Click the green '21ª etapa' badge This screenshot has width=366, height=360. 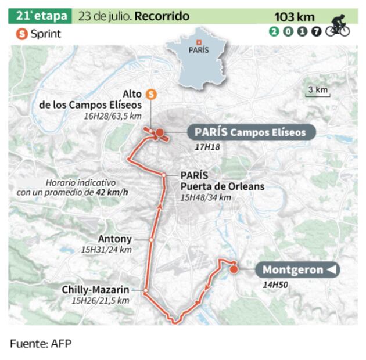pyautogui.click(x=40, y=16)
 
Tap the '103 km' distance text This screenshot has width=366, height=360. pyautogui.click(x=294, y=17)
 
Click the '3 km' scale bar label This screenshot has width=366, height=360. pyautogui.click(x=318, y=89)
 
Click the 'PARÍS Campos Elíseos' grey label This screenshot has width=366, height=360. pyautogui.click(x=250, y=132)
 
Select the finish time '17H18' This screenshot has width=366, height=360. pyautogui.click(x=207, y=147)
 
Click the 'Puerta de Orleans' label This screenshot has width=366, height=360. pyautogui.click(x=222, y=186)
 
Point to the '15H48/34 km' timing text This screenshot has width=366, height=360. pyautogui.click(x=206, y=197)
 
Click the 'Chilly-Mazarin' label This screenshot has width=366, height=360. pyautogui.click(x=96, y=290)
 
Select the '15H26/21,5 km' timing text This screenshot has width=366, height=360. pyautogui.click(x=101, y=301)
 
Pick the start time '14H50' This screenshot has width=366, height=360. pyautogui.click(x=276, y=285)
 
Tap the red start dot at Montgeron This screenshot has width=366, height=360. pyautogui.click(x=234, y=269)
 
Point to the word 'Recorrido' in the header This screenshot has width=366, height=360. pyautogui.click(x=162, y=16)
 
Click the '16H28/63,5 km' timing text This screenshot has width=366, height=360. pyautogui.click(x=113, y=116)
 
